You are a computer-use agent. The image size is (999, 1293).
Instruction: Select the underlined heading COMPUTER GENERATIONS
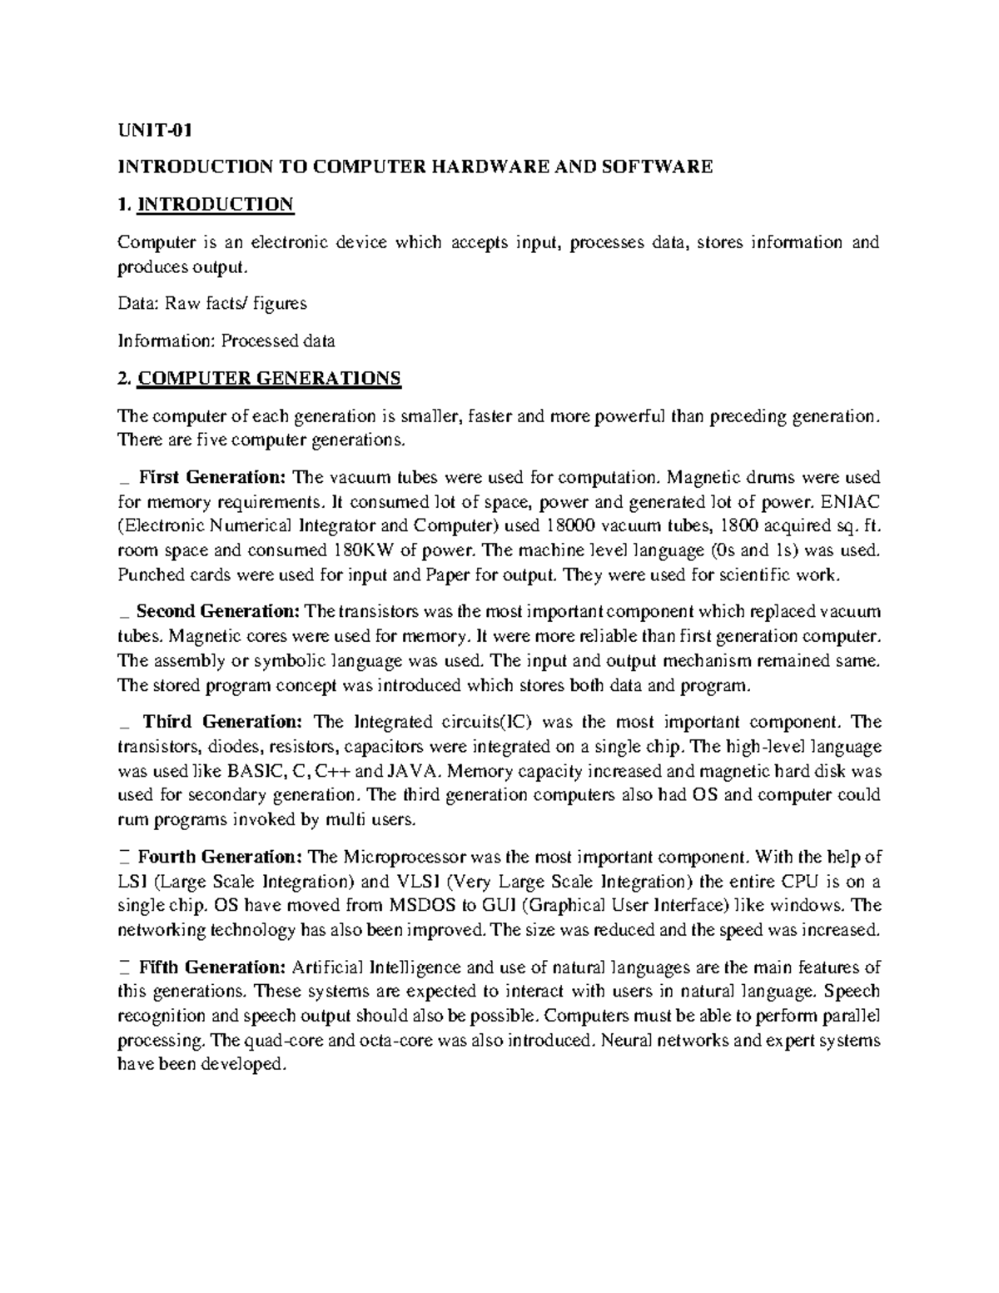tap(269, 379)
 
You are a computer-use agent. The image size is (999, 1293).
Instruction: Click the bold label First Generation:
tap(212, 477)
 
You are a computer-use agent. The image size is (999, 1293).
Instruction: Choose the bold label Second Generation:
tap(217, 612)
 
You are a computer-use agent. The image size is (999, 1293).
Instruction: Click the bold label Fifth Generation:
tap(212, 967)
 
